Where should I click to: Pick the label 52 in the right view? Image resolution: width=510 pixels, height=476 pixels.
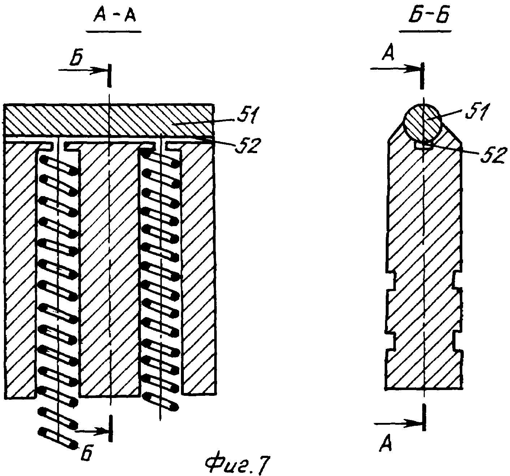pyautogui.click(x=491, y=156)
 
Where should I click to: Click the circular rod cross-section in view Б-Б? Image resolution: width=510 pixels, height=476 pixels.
pyautogui.click(x=422, y=122)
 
